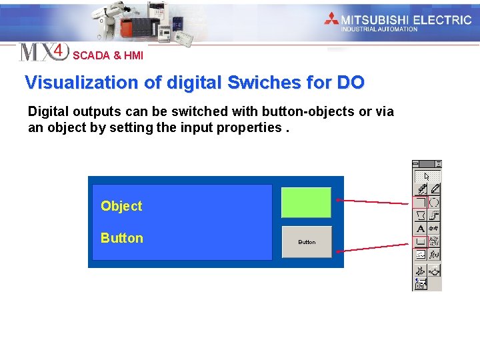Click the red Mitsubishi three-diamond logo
coord(331,19)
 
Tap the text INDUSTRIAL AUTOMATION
coord(379,29)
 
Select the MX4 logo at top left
coord(43,51)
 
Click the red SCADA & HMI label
coord(108,56)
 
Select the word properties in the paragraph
coord(247,127)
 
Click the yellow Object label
coord(121,206)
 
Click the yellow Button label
coord(122,238)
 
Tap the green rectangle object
coord(306,203)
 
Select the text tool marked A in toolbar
coord(421,229)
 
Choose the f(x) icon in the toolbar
coord(434,255)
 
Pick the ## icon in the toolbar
coord(434,229)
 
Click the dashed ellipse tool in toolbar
coord(434,202)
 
